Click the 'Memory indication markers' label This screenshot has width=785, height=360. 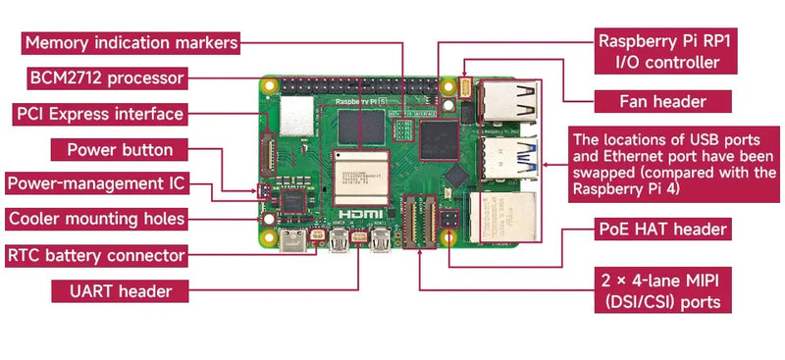point(131,43)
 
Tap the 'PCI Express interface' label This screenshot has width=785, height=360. point(99,114)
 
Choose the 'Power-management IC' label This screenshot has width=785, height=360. point(95,183)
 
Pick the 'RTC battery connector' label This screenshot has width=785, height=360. point(96,255)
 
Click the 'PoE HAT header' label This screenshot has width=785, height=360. point(662,230)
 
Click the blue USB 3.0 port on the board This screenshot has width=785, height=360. point(508,154)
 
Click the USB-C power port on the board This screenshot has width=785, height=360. point(291,240)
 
